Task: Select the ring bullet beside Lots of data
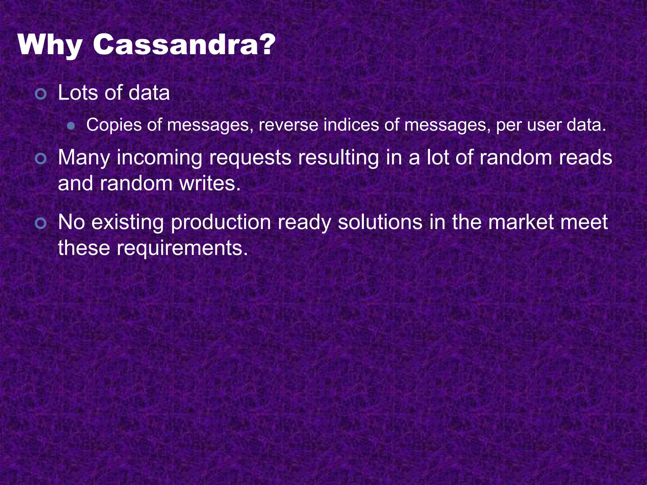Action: tap(41, 94)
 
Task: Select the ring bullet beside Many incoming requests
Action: tap(41, 159)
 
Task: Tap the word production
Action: tap(221, 223)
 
